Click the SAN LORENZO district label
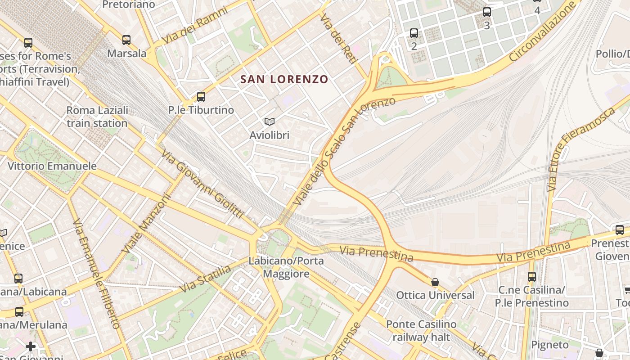[284, 80]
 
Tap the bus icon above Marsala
[126, 40]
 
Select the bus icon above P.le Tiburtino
[201, 96]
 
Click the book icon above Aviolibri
[270, 121]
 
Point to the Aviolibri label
[270, 135]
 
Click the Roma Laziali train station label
[97, 117]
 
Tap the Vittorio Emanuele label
[52, 166]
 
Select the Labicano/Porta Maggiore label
[286, 267]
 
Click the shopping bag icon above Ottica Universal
[435, 282]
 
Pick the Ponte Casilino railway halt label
[421, 330]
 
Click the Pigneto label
[550, 345]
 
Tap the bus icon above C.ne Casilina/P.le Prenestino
[532, 276]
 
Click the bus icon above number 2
[414, 33]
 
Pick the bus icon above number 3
[487, 12]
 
